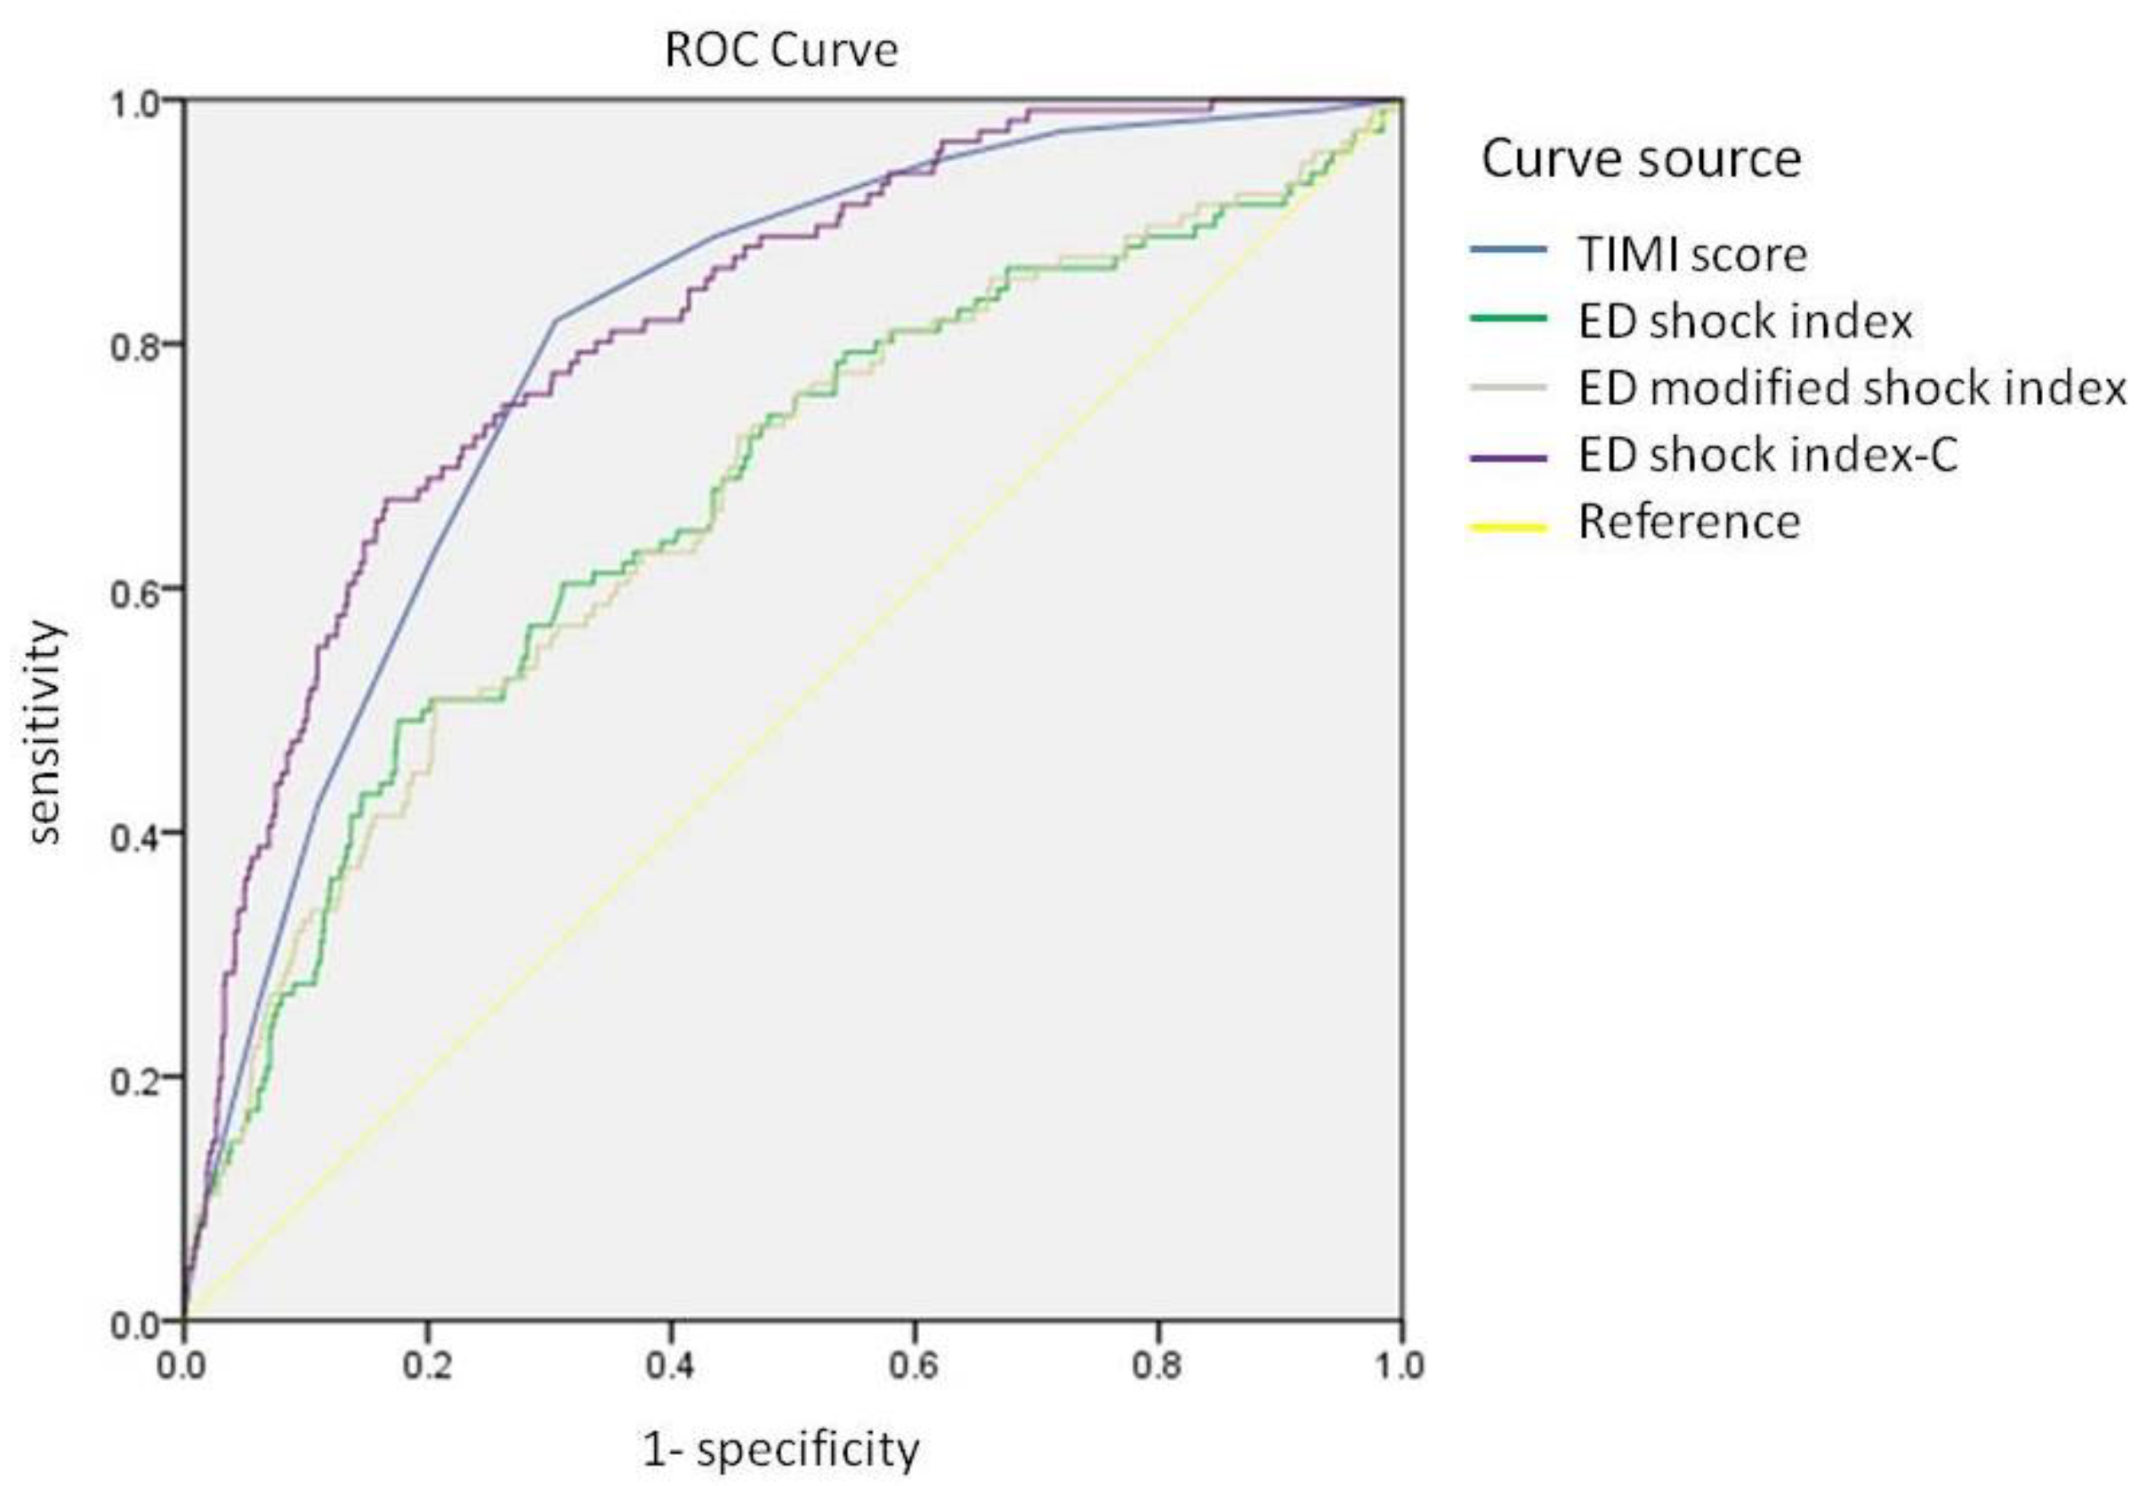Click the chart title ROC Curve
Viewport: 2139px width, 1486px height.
[x=781, y=51]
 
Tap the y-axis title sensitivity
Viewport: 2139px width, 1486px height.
[x=44, y=731]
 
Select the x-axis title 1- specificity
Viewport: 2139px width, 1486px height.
[x=781, y=1449]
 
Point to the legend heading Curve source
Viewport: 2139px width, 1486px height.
[x=1640, y=159]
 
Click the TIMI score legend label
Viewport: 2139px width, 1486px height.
[x=1691, y=254]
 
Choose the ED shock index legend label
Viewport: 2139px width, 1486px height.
[x=1744, y=321]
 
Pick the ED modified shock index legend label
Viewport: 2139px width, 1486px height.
[x=1852, y=387]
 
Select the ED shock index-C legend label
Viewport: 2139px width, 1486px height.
[x=1768, y=455]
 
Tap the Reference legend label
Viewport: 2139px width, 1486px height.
[x=1689, y=521]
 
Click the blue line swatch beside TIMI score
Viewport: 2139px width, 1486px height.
[x=1508, y=249]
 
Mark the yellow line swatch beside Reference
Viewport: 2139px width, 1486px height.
[x=1508, y=528]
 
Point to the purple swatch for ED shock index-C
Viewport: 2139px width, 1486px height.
[x=1508, y=458]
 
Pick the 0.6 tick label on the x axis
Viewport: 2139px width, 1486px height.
[x=914, y=1366]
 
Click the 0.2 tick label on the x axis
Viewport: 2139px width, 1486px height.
[x=427, y=1366]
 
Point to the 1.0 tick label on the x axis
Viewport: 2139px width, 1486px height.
[x=1400, y=1366]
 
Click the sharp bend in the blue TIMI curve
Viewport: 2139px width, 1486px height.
[x=557, y=321]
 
